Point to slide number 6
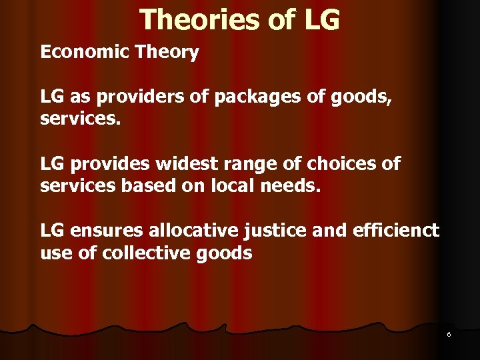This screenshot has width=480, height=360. coord(449,334)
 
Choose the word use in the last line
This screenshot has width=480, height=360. coord(56,253)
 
